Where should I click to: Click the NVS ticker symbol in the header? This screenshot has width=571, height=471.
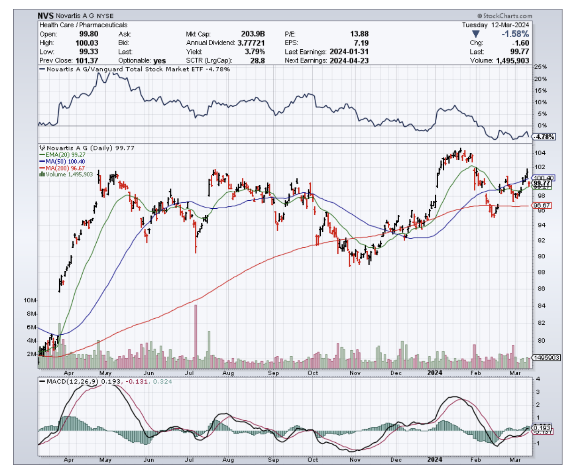[x=46, y=16]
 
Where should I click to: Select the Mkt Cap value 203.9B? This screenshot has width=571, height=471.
[x=255, y=34]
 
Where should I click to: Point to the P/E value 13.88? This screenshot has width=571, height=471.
[x=359, y=34]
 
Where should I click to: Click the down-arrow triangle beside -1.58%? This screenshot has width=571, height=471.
[x=476, y=34]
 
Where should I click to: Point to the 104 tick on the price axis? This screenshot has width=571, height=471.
[x=540, y=153]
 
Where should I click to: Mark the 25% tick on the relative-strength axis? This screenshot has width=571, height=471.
[x=541, y=67]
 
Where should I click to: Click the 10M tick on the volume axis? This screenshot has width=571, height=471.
[x=31, y=300]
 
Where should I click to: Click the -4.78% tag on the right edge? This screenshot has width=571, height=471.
[x=544, y=137]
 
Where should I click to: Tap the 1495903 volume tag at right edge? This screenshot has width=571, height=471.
[x=547, y=357]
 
